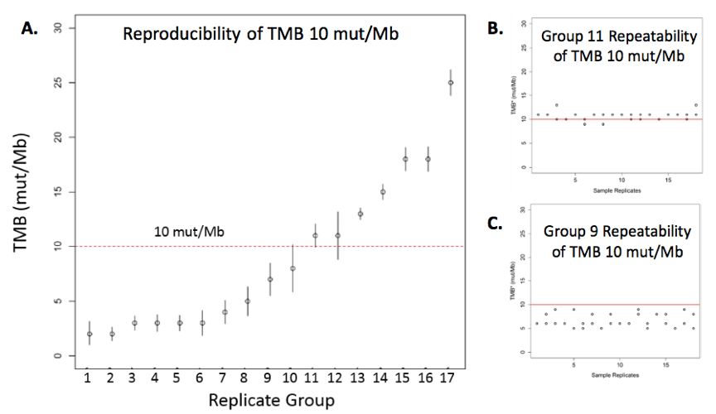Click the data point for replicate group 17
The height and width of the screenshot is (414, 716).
451,83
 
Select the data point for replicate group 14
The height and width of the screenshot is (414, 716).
383,192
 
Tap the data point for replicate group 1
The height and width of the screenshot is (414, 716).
89,334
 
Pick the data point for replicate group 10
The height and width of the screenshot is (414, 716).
293,268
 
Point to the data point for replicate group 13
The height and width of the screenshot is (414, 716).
360,214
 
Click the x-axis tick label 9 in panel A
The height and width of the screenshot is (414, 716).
270,378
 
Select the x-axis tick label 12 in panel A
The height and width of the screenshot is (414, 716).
337,378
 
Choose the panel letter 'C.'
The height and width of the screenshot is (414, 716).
495,223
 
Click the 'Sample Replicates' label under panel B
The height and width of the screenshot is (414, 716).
615,191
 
